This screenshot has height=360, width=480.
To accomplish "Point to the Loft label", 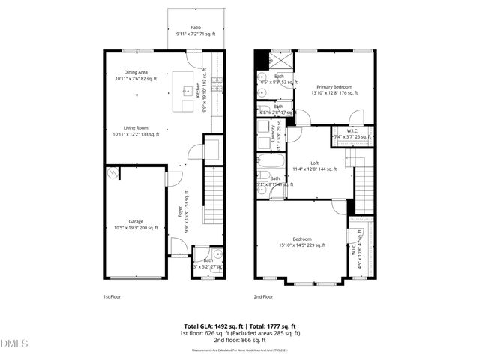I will click(x=314, y=166).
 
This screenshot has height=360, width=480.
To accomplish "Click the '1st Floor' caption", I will click(x=112, y=296).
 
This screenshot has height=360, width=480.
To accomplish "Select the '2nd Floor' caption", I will click(x=263, y=296).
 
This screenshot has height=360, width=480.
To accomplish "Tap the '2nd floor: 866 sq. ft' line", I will click(x=241, y=340).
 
